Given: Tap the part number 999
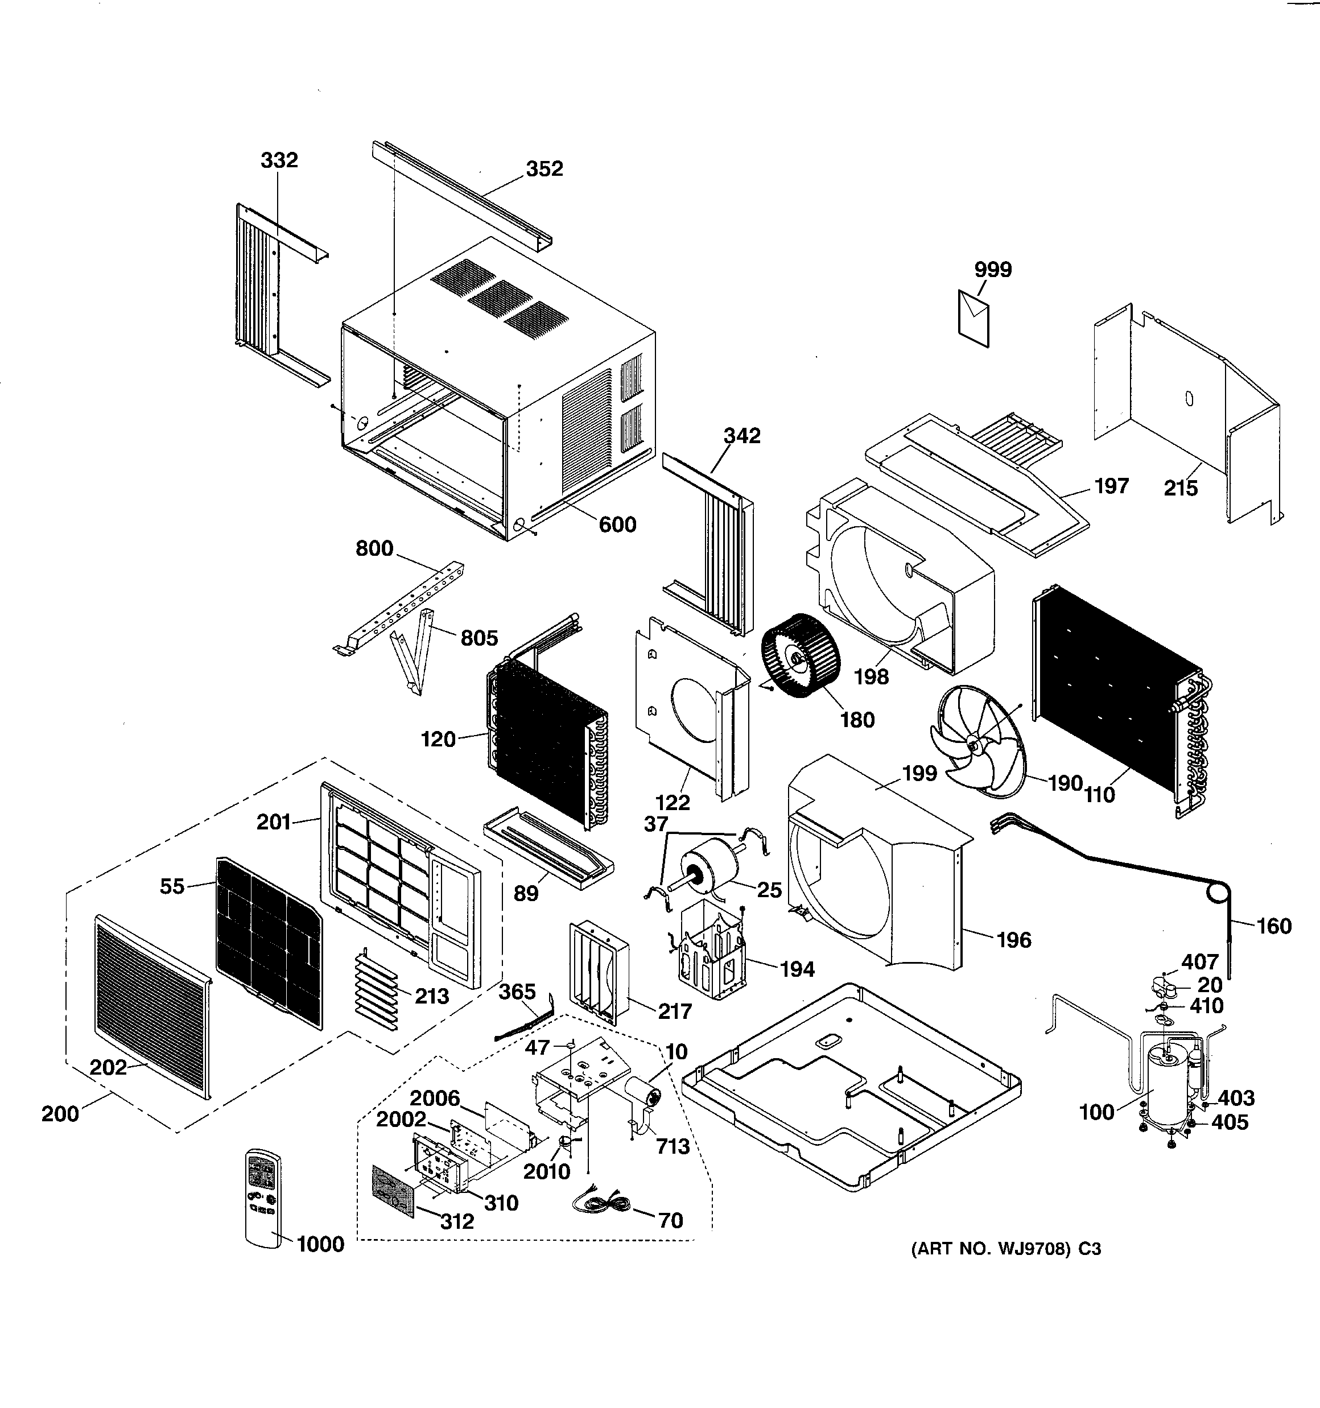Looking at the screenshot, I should click(x=993, y=270).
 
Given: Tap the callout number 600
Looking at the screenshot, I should click(x=617, y=525).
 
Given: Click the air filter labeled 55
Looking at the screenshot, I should click(x=268, y=943).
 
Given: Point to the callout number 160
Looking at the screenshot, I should click(x=1273, y=926).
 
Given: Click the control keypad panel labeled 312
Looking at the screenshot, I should click(x=393, y=1190).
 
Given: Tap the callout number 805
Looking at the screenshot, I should click(x=479, y=638).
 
